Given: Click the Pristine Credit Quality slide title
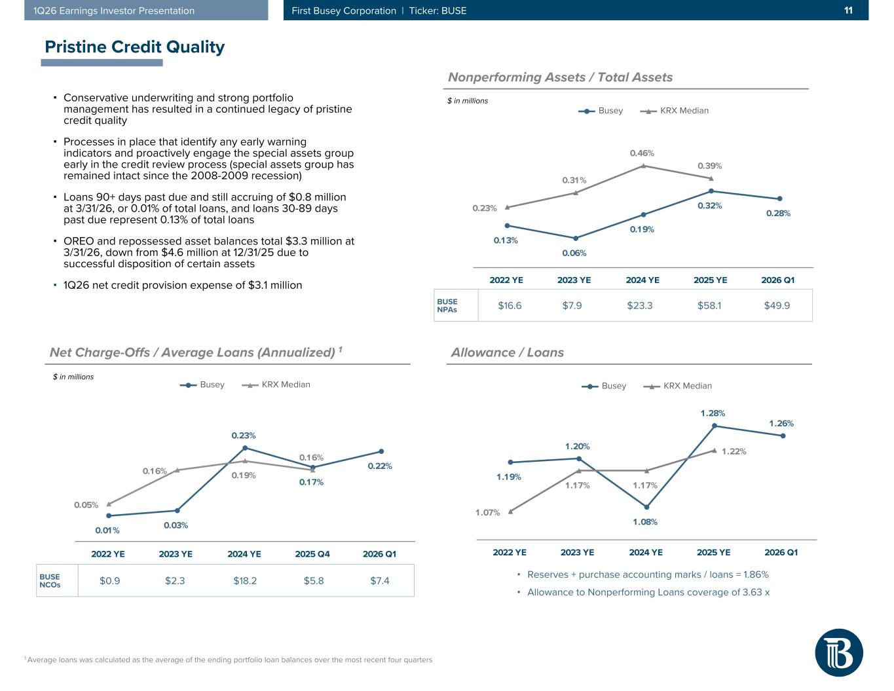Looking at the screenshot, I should pos(134,47).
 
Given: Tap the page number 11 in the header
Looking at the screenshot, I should pos(848,10).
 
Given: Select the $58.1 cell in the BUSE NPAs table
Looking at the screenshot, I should pos(709,305).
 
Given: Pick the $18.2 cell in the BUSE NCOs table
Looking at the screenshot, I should pos(245,581).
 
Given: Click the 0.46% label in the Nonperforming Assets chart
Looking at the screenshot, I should pos(642,153).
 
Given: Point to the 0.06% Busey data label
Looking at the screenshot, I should pos(574,253).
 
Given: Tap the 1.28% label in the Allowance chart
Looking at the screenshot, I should pos(713,413).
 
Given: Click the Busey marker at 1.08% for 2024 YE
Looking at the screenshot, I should pos(646,507).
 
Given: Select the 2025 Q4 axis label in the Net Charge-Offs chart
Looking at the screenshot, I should pos(312,554).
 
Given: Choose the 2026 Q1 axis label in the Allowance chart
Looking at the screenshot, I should pos(781,552).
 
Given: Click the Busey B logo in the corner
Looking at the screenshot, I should pos(839,652).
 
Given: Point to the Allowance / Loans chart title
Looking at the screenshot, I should pos(508,352).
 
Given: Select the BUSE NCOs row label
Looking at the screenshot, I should pos(50,581).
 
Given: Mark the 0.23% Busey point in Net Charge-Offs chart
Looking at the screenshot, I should pos(245,448).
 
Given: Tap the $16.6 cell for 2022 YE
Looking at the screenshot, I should pos(510,305).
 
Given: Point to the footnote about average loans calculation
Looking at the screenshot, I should pos(229,660).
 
